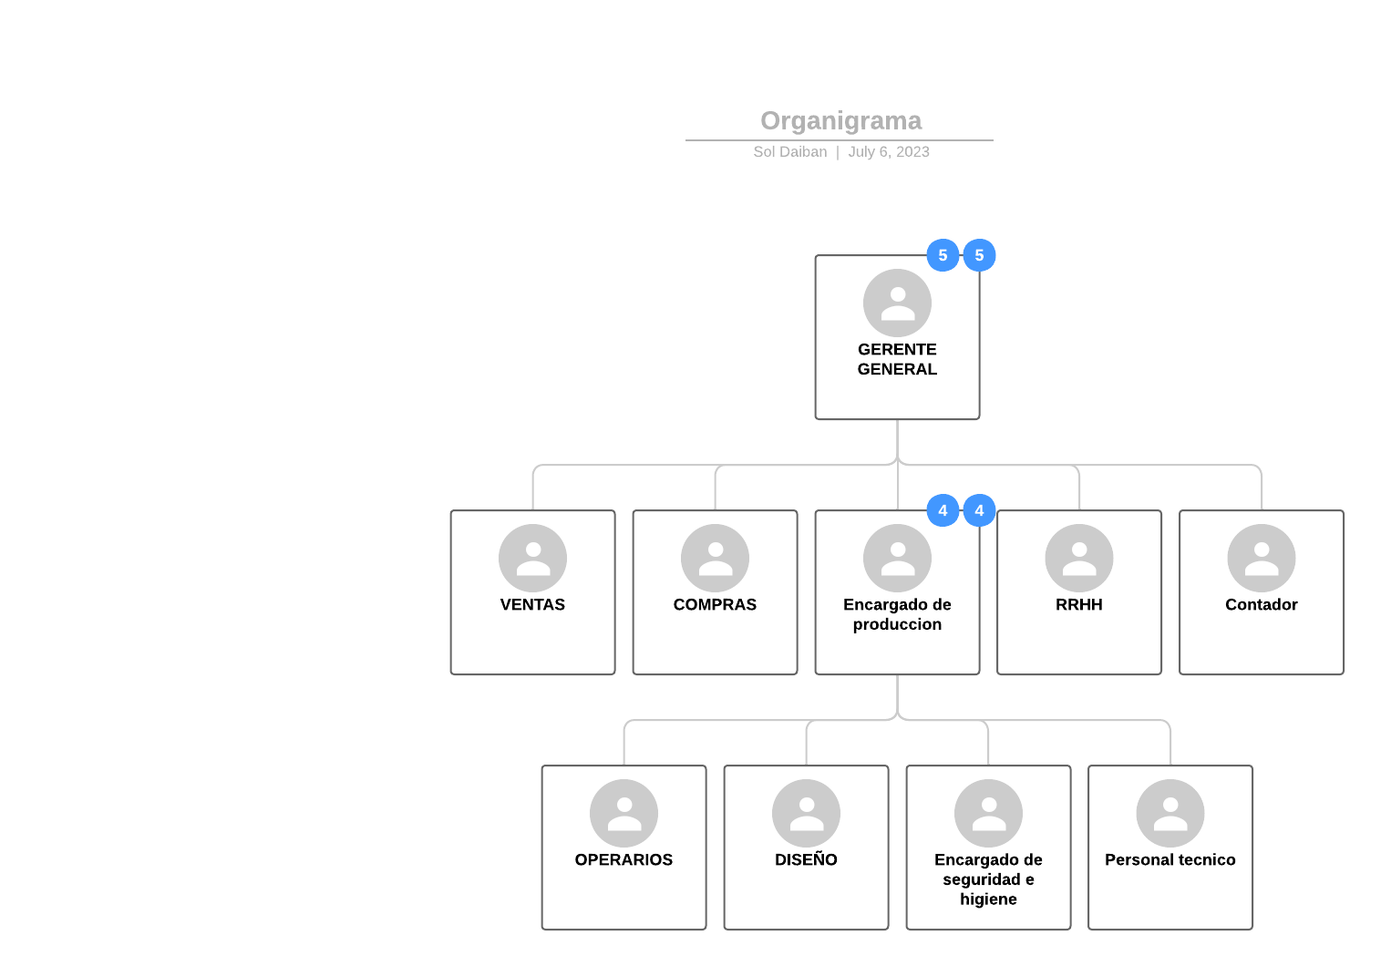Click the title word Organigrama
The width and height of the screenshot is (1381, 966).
coord(841,121)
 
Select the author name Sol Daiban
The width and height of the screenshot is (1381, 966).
coord(789,152)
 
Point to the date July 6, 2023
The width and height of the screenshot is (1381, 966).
coord(889,152)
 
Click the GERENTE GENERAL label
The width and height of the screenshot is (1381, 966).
coord(897,359)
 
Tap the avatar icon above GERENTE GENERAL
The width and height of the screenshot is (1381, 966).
coord(897,303)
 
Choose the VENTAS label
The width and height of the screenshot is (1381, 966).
coord(532,605)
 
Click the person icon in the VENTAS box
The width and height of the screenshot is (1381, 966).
coord(532,558)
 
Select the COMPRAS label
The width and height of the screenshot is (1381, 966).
coord(715,605)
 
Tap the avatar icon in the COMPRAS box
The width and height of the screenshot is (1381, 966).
coord(715,558)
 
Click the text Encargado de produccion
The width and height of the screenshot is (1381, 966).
coord(897,614)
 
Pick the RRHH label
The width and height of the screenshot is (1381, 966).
coord(1079,605)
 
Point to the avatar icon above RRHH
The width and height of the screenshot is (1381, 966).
coord(1079,558)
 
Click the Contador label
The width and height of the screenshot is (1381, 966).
coord(1262,605)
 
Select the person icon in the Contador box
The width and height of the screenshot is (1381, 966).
coord(1262,558)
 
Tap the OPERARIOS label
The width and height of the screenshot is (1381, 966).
coord(624,860)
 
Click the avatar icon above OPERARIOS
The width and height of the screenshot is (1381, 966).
coord(624,813)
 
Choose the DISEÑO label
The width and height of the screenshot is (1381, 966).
coord(806,859)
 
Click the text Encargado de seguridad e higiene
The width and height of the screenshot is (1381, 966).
coord(988,879)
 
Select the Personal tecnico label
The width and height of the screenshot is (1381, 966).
coord(1170,860)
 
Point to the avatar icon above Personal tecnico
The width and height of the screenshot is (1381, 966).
coord(1170,813)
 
